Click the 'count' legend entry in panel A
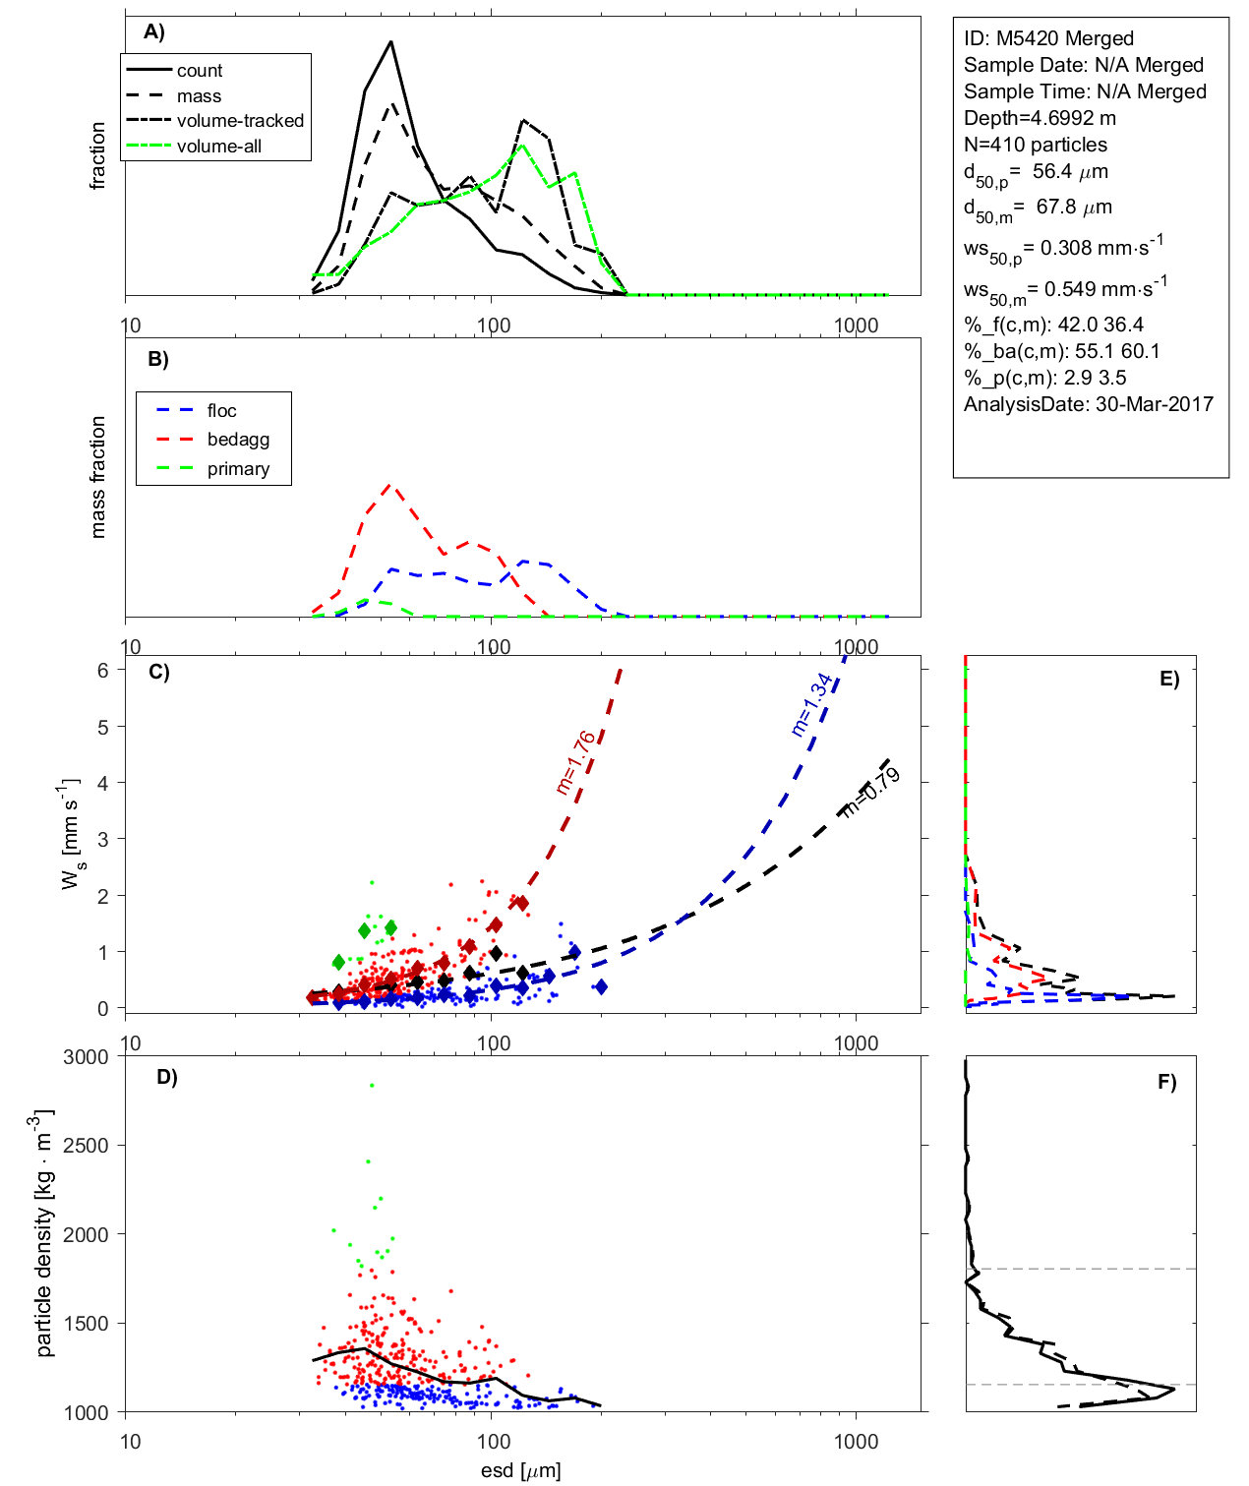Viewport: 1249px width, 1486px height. click(200, 71)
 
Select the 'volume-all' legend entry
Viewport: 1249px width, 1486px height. click(218, 147)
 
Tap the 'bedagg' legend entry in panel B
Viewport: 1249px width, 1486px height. click(238, 440)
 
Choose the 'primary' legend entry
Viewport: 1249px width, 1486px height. click(238, 469)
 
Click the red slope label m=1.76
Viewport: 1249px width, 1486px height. click(575, 762)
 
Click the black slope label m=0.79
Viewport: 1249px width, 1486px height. click(871, 793)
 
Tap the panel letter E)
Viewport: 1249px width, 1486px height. click(1169, 679)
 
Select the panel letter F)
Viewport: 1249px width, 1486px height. click(1167, 1082)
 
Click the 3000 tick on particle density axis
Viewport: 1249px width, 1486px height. click(86, 1057)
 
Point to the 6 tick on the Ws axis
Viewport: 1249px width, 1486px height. click(102, 670)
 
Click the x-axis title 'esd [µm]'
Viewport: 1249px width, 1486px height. click(521, 1471)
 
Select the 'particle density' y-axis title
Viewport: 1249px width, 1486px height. click(43, 1234)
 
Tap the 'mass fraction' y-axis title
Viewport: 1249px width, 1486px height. click(97, 477)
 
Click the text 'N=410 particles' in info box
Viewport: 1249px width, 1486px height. click(1036, 145)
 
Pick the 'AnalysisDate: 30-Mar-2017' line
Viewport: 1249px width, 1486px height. click(1089, 404)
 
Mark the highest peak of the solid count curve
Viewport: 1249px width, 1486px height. click(391, 41)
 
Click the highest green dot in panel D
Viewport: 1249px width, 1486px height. click(372, 1086)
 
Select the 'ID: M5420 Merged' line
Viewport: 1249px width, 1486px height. click(1048, 38)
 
